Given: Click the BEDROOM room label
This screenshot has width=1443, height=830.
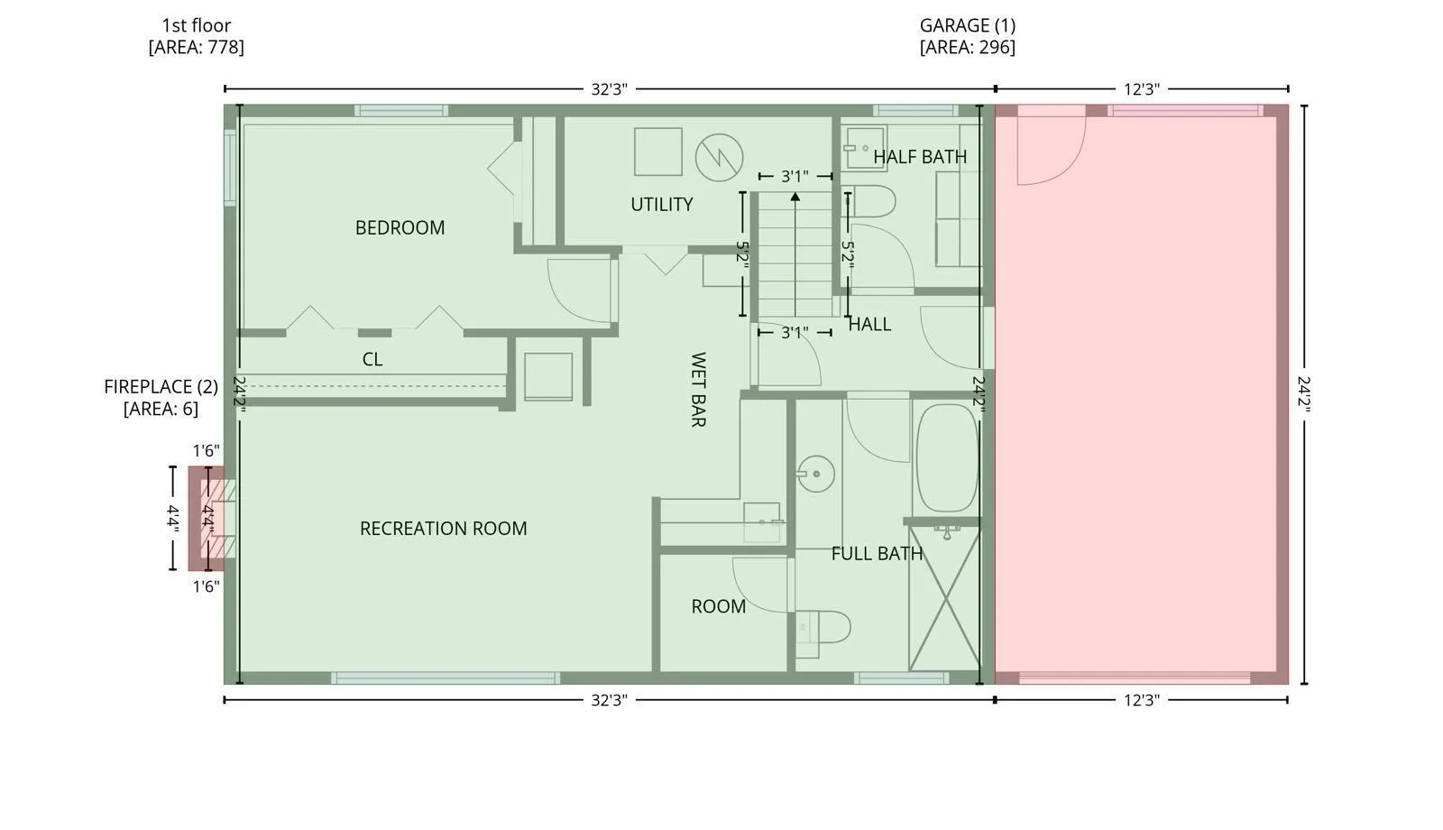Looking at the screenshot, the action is [x=400, y=227].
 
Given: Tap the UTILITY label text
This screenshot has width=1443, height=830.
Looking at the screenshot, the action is [x=662, y=204].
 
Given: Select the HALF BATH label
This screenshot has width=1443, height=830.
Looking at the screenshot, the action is [x=920, y=157].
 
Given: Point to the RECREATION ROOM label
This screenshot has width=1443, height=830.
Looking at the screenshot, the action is [x=443, y=529].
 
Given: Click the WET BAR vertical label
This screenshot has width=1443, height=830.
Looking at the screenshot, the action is [x=698, y=389].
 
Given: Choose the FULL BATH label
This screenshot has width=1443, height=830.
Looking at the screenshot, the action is [x=877, y=554].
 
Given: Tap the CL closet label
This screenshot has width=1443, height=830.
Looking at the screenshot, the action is [x=372, y=359].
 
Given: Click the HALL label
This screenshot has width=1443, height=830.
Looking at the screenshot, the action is [x=869, y=324].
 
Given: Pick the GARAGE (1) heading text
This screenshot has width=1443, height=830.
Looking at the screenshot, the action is [x=967, y=25].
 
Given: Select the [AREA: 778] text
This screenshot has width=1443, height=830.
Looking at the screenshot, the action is [x=197, y=47].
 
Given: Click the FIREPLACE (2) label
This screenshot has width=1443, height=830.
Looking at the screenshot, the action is [x=161, y=387].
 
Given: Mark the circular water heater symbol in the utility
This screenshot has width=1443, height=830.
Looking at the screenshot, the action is [x=719, y=158].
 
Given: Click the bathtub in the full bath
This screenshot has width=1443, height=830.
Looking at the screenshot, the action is [x=947, y=458].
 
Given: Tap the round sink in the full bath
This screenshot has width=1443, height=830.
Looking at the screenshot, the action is [x=815, y=474].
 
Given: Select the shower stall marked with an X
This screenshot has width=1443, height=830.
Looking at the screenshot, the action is [x=943, y=599].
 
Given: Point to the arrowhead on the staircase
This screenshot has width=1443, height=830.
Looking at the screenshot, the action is [x=795, y=197].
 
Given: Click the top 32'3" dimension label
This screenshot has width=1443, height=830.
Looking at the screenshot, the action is [x=609, y=89].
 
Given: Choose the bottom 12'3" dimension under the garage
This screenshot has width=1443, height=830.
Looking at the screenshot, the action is [x=1142, y=700].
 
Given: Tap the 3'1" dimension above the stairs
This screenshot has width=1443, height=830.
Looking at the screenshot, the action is [x=795, y=176].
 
